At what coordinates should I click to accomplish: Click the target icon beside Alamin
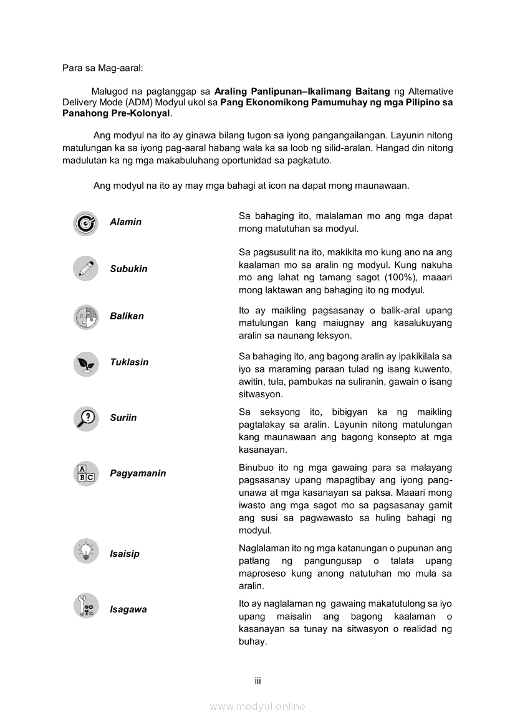[x=85, y=223]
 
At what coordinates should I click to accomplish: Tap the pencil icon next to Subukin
[x=85, y=268]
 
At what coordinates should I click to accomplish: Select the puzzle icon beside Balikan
[x=85, y=316]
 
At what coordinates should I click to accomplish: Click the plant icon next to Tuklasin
[x=85, y=363]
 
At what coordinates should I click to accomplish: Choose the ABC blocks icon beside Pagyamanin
[x=85, y=474]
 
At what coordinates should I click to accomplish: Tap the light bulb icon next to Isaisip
[x=85, y=552]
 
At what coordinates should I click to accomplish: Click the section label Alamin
[x=125, y=222]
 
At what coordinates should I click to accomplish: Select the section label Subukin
[x=128, y=269]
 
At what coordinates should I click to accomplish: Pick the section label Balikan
[x=127, y=316]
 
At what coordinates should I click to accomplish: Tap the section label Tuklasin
[x=129, y=362]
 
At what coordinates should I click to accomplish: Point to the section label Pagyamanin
[x=138, y=473]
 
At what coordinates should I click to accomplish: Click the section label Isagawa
[x=128, y=609]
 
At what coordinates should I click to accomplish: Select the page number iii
[x=257, y=681]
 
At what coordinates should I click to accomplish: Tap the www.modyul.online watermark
[x=257, y=706]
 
